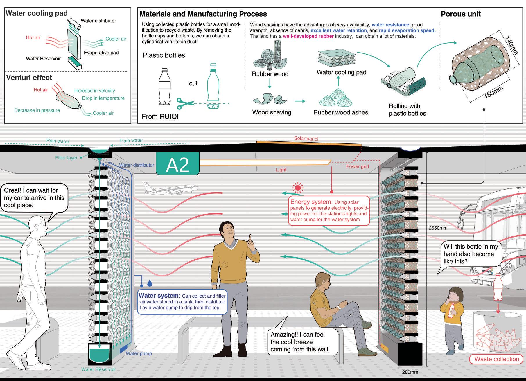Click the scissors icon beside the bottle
click(x=185, y=104)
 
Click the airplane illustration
click(x=170, y=188)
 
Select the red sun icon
click(x=298, y=188)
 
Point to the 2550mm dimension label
click(x=438, y=228)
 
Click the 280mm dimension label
click(x=410, y=372)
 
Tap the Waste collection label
click(x=496, y=359)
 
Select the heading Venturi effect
click(x=29, y=78)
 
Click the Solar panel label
click(x=306, y=139)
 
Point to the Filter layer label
click(x=67, y=158)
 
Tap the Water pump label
click(x=139, y=353)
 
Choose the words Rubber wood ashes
click(x=340, y=112)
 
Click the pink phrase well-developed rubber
click(x=308, y=36)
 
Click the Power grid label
click(x=357, y=166)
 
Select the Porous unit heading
click(x=461, y=14)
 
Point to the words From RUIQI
click(x=160, y=117)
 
